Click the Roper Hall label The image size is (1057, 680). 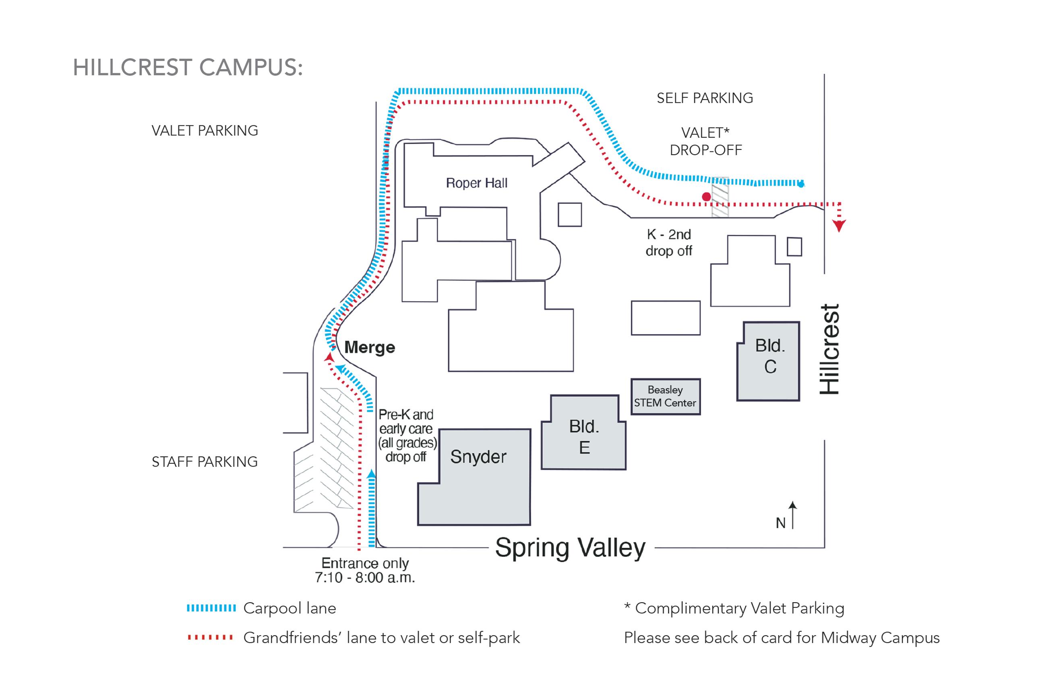[476, 183]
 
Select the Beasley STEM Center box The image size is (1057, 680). [665, 396]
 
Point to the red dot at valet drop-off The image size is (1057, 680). [706, 197]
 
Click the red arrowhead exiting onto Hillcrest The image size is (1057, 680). [838, 226]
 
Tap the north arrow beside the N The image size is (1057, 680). [792, 514]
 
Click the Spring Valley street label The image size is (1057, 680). [570, 547]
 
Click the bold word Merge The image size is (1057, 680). [369, 347]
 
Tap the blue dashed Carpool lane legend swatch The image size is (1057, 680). [211, 608]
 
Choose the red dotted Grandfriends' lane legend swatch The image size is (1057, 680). [210, 637]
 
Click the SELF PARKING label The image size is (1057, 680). [704, 98]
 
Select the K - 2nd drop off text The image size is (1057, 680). [668, 243]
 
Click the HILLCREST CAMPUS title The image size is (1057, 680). [188, 68]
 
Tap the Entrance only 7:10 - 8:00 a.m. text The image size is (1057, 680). [365, 570]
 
